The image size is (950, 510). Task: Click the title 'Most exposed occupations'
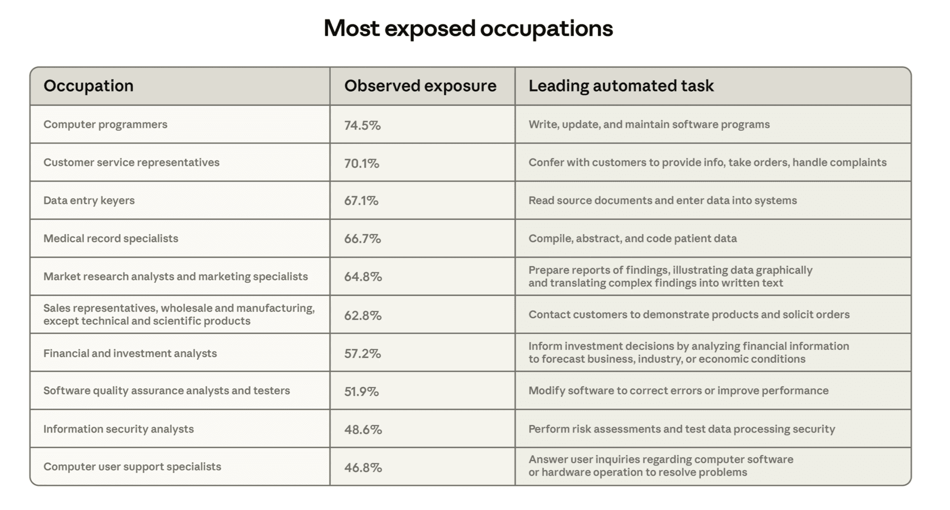pyautogui.click(x=468, y=28)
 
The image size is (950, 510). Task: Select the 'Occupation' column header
pyautogui.click(x=88, y=86)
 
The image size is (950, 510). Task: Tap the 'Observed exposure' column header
pyautogui.click(x=420, y=86)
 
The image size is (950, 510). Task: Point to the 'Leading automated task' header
pyautogui.click(x=621, y=86)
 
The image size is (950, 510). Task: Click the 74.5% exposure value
pyautogui.click(x=362, y=125)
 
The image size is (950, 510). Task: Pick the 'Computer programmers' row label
pyautogui.click(x=105, y=125)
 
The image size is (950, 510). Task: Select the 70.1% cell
pyautogui.click(x=362, y=163)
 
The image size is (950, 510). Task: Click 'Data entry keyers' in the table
pyautogui.click(x=89, y=201)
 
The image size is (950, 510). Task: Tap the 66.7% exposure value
pyautogui.click(x=362, y=239)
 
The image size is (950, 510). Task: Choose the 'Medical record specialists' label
pyautogui.click(x=111, y=239)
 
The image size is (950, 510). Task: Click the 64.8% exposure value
pyautogui.click(x=363, y=277)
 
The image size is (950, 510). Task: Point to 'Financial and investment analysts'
pyautogui.click(x=130, y=354)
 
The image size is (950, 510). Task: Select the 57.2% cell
pyautogui.click(x=362, y=354)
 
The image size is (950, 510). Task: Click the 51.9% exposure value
pyautogui.click(x=361, y=391)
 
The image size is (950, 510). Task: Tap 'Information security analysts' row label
pyautogui.click(x=118, y=429)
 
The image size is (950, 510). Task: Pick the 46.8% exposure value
pyautogui.click(x=363, y=467)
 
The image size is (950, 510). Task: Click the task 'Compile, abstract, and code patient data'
pyautogui.click(x=632, y=239)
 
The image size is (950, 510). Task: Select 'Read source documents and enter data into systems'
pyautogui.click(x=662, y=201)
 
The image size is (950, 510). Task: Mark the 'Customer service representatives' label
pyautogui.click(x=131, y=163)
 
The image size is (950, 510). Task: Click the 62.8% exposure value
pyautogui.click(x=363, y=316)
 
